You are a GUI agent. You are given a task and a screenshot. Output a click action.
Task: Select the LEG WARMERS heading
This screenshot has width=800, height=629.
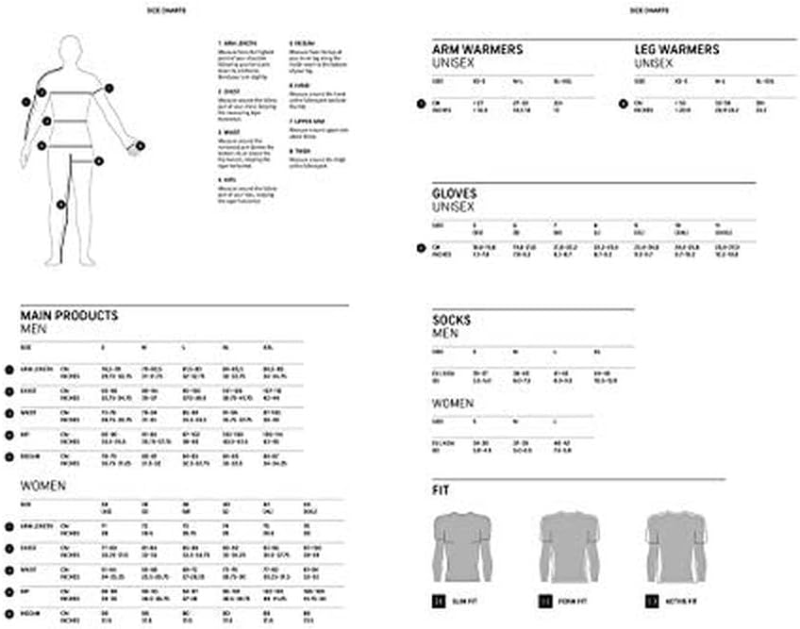pos(676,49)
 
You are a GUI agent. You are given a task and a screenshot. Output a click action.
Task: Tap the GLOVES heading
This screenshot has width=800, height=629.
pos(453,193)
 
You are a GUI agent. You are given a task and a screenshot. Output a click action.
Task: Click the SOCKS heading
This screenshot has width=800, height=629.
pos(451,321)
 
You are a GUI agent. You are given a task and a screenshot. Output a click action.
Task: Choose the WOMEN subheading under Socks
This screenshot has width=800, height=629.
pos(453,402)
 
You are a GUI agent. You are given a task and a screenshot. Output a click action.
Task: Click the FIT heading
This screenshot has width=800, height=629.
pos(440,491)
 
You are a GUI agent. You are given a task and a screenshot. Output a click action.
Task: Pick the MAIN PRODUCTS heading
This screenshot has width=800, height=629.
pos(69,316)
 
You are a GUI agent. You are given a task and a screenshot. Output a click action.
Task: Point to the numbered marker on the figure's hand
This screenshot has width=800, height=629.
pos(140,145)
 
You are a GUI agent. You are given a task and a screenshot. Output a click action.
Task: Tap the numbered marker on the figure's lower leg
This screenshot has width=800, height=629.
pos(61,204)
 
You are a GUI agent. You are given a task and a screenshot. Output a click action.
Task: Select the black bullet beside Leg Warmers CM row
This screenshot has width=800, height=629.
pos(623,104)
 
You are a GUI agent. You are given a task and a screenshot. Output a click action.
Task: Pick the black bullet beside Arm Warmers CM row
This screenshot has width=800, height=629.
pos(421,104)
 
